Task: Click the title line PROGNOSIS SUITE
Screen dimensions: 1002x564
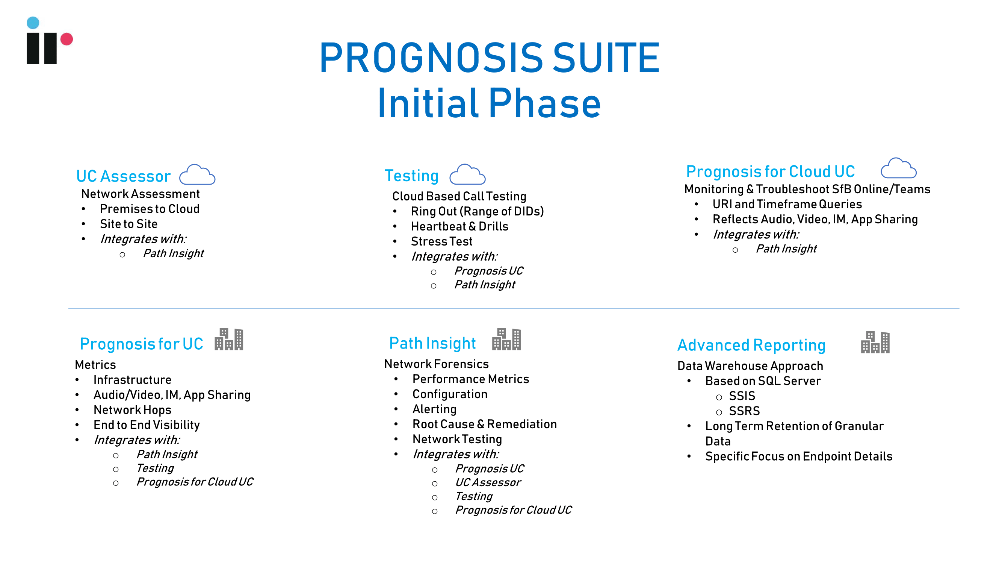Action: point(489,58)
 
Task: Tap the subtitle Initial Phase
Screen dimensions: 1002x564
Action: point(489,103)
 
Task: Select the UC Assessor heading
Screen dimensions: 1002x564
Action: point(123,176)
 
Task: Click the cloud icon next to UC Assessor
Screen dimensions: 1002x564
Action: point(197,174)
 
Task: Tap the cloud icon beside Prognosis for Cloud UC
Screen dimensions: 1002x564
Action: point(899,168)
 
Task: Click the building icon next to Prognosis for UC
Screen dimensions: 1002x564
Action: point(229,339)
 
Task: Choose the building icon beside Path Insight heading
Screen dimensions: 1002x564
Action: point(506,339)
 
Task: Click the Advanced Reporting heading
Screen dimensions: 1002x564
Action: point(751,345)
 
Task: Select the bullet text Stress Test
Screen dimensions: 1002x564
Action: point(442,241)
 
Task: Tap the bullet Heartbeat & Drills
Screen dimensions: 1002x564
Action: point(460,226)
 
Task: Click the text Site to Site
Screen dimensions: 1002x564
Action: point(129,224)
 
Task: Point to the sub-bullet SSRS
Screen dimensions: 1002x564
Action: point(744,411)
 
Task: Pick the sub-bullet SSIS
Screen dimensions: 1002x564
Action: point(742,396)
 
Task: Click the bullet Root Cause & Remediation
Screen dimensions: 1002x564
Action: point(485,424)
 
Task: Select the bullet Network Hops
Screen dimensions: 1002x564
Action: point(132,410)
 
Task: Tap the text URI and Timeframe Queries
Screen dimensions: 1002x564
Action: point(787,204)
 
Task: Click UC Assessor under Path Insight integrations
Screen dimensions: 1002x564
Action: point(488,483)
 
